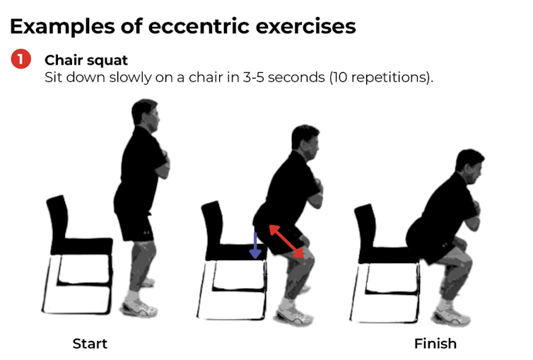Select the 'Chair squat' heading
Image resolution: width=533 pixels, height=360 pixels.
(x=86, y=59)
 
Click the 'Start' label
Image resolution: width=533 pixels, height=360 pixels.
(x=90, y=344)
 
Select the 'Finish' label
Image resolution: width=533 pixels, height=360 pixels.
(x=435, y=344)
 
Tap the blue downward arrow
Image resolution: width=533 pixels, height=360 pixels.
(x=255, y=245)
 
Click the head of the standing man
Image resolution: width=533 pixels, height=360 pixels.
(x=146, y=113)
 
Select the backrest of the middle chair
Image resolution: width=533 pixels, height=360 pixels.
(x=213, y=223)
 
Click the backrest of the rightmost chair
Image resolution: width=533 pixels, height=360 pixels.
(x=365, y=226)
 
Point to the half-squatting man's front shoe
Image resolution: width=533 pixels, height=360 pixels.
(x=292, y=312)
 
